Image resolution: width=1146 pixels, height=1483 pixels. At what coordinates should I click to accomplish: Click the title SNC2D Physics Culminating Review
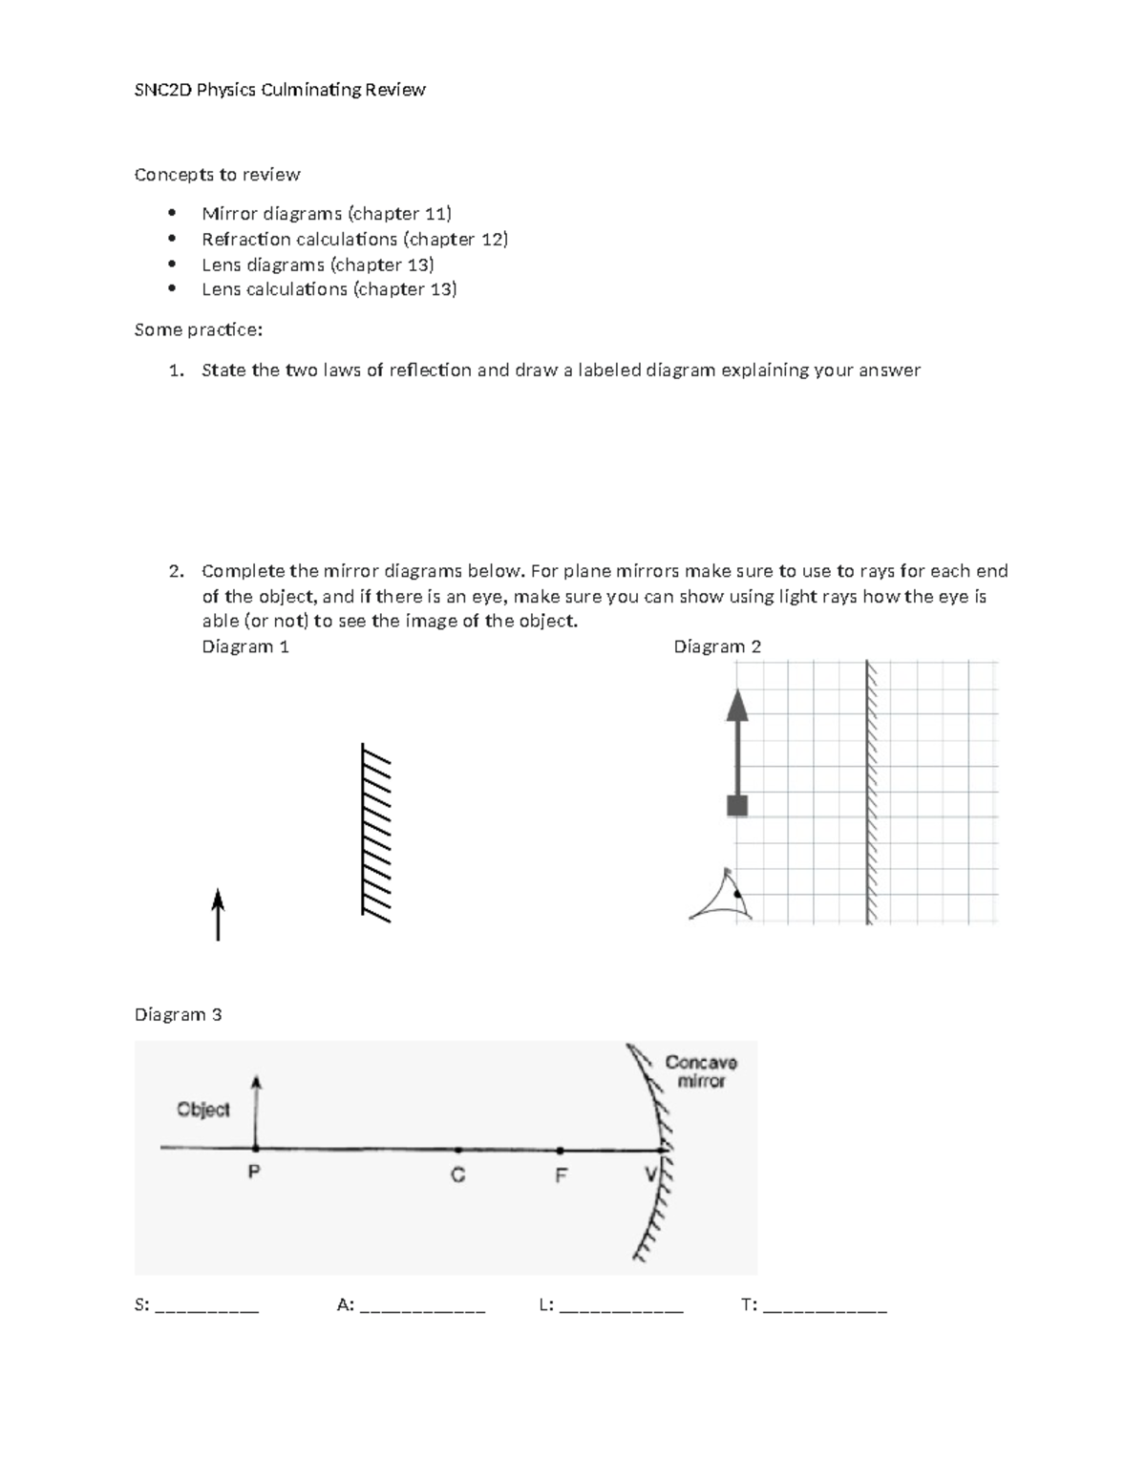(x=280, y=90)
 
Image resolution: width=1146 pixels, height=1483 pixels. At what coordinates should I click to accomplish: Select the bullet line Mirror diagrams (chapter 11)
(x=327, y=213)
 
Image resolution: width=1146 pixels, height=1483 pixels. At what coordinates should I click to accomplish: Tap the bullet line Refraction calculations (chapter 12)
(x=354, y=239)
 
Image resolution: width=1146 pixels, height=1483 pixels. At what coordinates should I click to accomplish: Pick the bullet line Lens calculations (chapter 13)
(x=329, y=289)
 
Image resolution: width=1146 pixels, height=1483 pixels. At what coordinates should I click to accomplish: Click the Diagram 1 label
(x=244, y=646)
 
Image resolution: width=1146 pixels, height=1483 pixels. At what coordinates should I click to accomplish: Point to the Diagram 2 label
(x=717, y=646)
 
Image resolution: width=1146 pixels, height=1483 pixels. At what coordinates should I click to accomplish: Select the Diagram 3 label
(x=178, y=1014)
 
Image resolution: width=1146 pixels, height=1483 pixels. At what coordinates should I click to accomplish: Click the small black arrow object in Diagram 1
(x=218, y=915)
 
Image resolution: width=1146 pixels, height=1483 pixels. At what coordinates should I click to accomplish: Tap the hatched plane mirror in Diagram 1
(x=375, y=832)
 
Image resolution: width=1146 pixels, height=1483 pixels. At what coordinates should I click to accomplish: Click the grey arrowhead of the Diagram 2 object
(x=736, y=705)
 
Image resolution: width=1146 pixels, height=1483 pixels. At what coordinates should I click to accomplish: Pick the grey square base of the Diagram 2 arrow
(x=736, y=805)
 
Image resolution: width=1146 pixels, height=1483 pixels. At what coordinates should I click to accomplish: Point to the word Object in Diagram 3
(x=203, y=1110)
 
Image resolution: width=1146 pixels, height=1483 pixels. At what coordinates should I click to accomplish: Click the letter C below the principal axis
(x=458, y=1176)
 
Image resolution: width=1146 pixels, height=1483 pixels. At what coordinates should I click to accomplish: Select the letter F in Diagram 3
(x=561, y=1176)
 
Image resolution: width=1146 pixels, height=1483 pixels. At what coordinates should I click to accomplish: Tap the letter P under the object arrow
(x=254, y=1173)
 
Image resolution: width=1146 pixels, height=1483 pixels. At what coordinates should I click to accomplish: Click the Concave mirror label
(x=701, y=1071)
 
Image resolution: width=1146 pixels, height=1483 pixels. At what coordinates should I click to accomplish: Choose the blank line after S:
(x=206, y=1306)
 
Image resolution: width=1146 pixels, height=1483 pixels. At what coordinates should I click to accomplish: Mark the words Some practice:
(x=198, y=329)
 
